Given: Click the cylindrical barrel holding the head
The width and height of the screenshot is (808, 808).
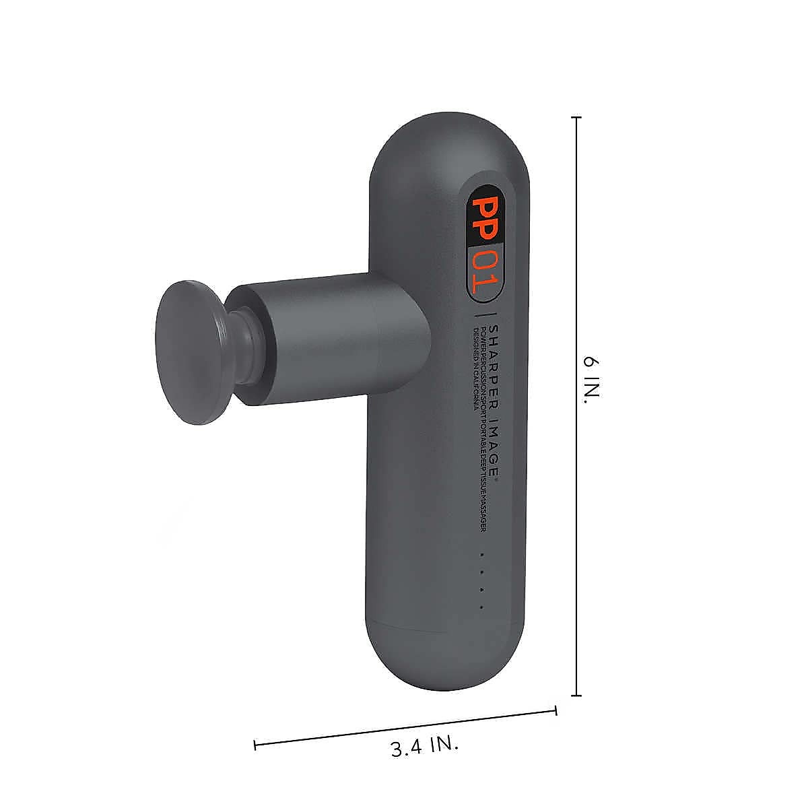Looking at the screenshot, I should (x=330, y=343).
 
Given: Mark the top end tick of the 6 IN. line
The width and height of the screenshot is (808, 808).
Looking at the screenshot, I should (x=576, y=117).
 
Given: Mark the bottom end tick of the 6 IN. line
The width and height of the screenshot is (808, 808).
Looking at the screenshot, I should (x=576, y=696).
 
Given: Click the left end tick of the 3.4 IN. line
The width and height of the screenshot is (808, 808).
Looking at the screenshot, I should (x=255, y=745).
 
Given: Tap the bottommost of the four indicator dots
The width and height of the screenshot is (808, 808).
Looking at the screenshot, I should (x=482, y=607).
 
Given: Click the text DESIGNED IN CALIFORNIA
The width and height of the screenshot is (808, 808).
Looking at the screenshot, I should (x=475, y=371).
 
